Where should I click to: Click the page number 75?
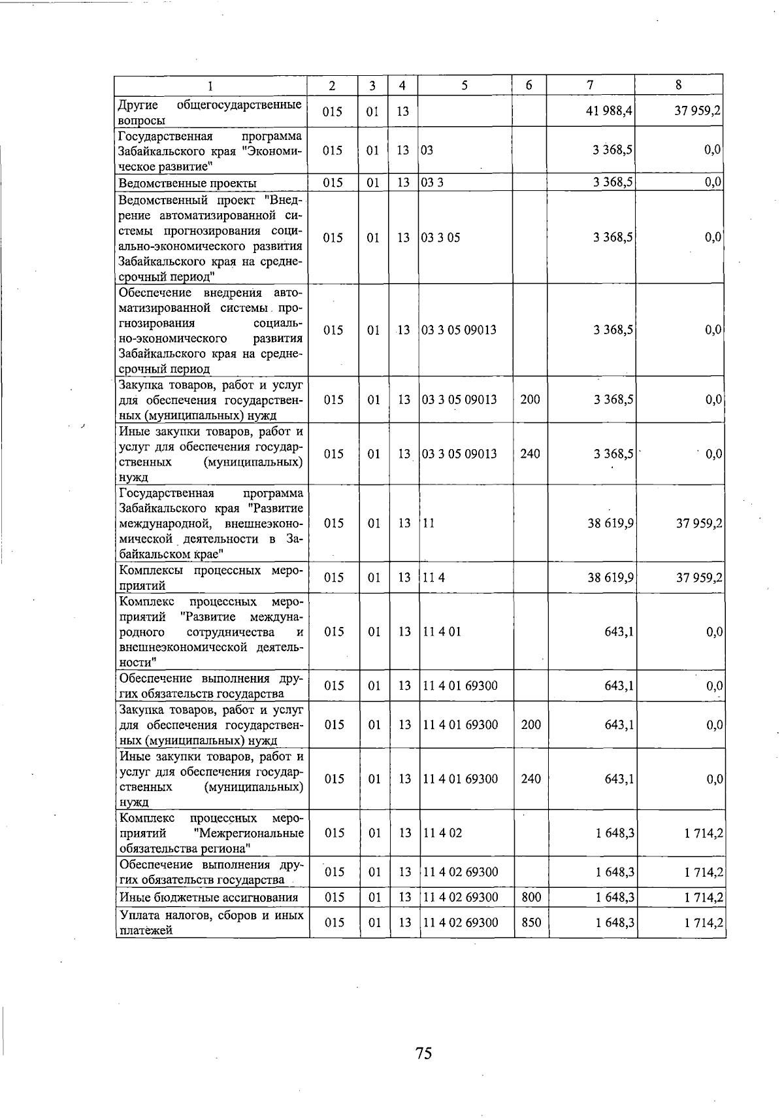click(423, 1053)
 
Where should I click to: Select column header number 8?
click(679, 85)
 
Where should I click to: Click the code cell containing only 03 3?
click(433, 183)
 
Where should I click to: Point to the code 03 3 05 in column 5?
click(441, 238)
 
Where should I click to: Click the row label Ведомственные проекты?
click(188, 183)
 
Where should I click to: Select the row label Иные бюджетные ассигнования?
click(208, 898)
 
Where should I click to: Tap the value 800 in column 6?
click(531, 898)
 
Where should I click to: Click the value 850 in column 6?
click(531, 923)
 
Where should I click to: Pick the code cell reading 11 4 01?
click(442, 632)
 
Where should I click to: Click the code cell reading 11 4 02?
click(442, 834)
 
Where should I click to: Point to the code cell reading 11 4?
click(434, 578)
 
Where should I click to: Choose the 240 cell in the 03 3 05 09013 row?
click(530, 454)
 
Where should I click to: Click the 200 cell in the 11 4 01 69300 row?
click(531, 724)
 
